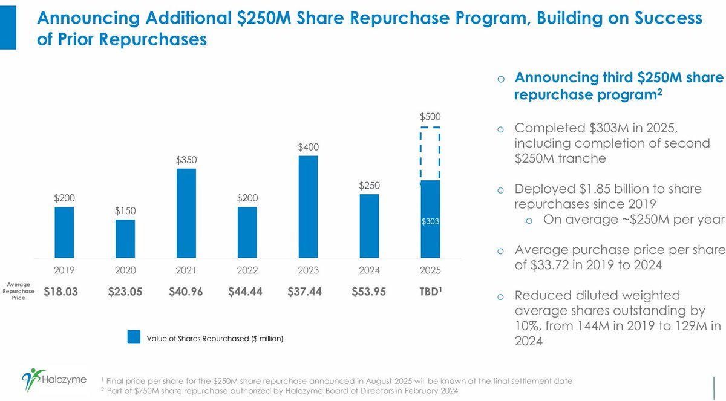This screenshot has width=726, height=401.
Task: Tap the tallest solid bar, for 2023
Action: click(308, 206)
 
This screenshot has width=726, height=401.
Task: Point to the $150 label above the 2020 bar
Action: click(125, 210)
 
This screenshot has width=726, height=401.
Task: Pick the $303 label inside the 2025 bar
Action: click(430, 222)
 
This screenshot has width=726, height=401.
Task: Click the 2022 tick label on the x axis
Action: click(247, 270)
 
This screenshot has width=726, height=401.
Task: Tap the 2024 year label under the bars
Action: click(369, 270)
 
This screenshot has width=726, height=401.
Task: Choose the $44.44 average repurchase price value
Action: click(247, 292)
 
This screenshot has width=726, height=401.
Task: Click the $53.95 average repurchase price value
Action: click(369, 292)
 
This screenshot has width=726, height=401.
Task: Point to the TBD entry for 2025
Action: click(429, 292)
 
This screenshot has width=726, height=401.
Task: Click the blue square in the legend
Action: click(134, 337)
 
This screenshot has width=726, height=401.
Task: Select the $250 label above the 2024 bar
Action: click(369, 185)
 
